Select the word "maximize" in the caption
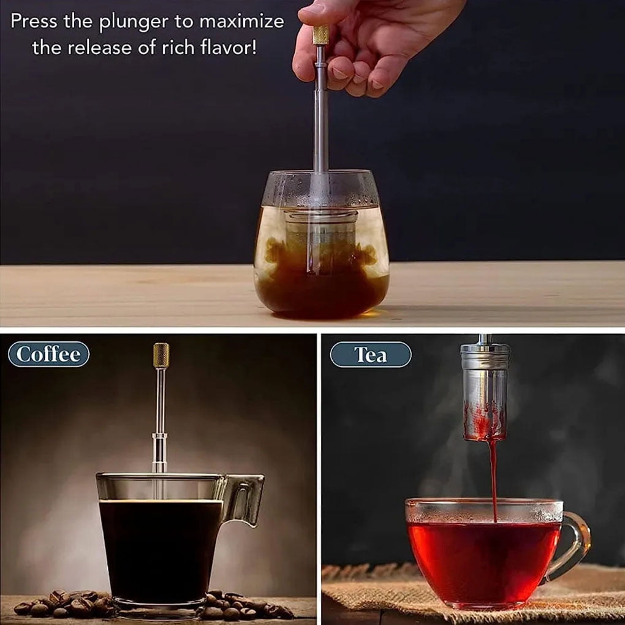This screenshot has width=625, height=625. point(241,21)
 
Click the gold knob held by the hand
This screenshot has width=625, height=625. point(320,35)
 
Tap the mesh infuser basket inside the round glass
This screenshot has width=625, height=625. point(320,239)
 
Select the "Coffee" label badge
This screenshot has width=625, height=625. point(48,354)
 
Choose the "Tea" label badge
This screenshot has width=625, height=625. point(370,354)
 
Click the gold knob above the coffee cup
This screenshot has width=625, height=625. point(161,355)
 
